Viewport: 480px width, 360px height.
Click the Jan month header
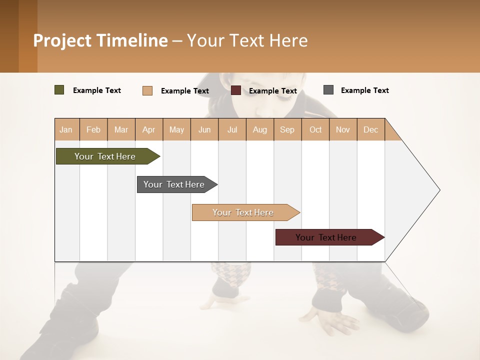click(x=66, y=129)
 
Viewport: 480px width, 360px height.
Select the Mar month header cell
click(x=121, y=129)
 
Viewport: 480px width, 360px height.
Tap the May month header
click(x=176, y=129)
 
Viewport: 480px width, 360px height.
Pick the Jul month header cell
click(x=232, y=129)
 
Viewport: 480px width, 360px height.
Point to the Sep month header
click(x=287, y=129)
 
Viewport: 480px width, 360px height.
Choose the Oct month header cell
click(x=315, y=129)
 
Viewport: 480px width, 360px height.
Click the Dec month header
click(x=370, y=129)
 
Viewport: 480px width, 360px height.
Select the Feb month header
click(x=93, y=129)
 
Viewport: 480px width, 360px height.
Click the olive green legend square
click(x=59, y=90)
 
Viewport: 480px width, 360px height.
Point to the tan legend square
click(x=147, y=90)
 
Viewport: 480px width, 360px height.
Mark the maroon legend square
click(x=236, y=90)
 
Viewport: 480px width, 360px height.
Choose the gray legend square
click(x=328, y=90)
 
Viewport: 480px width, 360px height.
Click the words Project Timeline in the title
click(x=100, y=40)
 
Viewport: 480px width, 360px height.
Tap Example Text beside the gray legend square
click(x=364, y=90)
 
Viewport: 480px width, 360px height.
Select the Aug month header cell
click(x=259, y=129)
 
